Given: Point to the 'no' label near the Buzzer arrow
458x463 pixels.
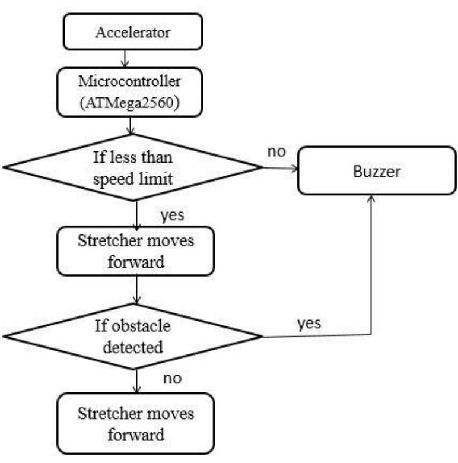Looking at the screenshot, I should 276,151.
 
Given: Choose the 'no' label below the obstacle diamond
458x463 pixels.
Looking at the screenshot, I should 171,378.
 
